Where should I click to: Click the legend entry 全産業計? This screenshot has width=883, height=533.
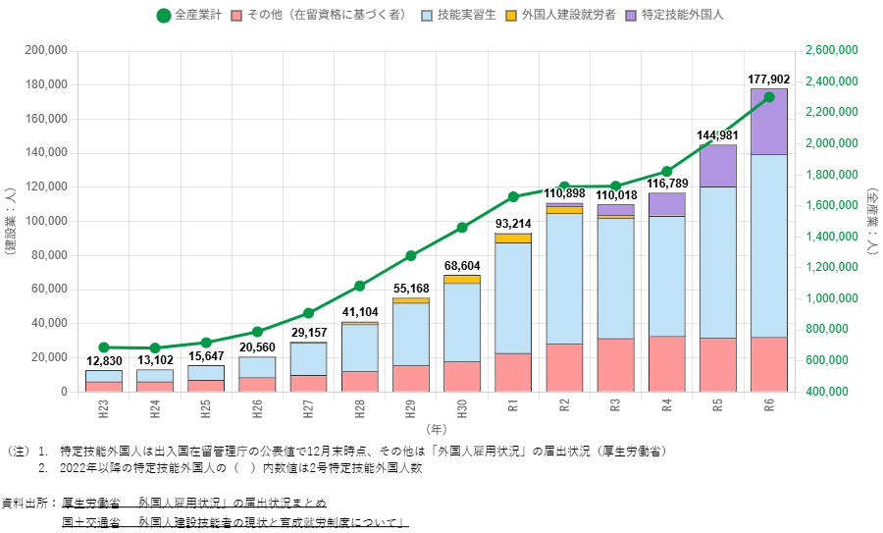(193, 16)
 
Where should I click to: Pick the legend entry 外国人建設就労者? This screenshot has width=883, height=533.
(554, 16)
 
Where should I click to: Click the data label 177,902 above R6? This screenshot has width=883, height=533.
(768, 80)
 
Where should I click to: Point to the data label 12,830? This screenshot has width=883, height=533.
(104, 361)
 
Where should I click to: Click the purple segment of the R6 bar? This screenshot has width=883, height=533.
(768, 122)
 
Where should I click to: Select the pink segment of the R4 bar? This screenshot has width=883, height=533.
(666, 363)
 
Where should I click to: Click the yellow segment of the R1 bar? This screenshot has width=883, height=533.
(513, 238)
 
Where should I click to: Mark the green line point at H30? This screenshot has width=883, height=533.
(462, 228)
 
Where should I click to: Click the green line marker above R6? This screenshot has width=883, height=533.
(768, 97)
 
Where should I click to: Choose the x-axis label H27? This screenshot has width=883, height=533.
(308, 407)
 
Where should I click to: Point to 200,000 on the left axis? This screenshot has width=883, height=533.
(45, 50)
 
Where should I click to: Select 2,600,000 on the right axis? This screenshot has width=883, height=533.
(830, 50)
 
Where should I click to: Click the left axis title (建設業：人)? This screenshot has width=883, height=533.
(10, 221)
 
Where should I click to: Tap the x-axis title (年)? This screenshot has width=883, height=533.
(436, 429)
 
